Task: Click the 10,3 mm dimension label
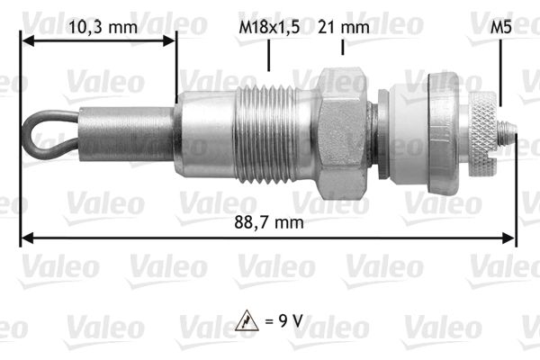click(103, 27)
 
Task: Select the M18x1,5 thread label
click(269, 27)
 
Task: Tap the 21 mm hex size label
click(343, 27)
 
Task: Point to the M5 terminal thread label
click(501, 27)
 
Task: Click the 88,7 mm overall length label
click(268, 220)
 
